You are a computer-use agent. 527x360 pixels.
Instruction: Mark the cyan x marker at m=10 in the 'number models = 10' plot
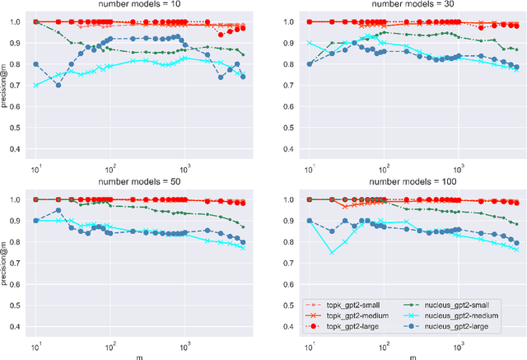coord(35,85)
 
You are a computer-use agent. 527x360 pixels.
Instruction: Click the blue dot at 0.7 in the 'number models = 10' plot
coord(58,85)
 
